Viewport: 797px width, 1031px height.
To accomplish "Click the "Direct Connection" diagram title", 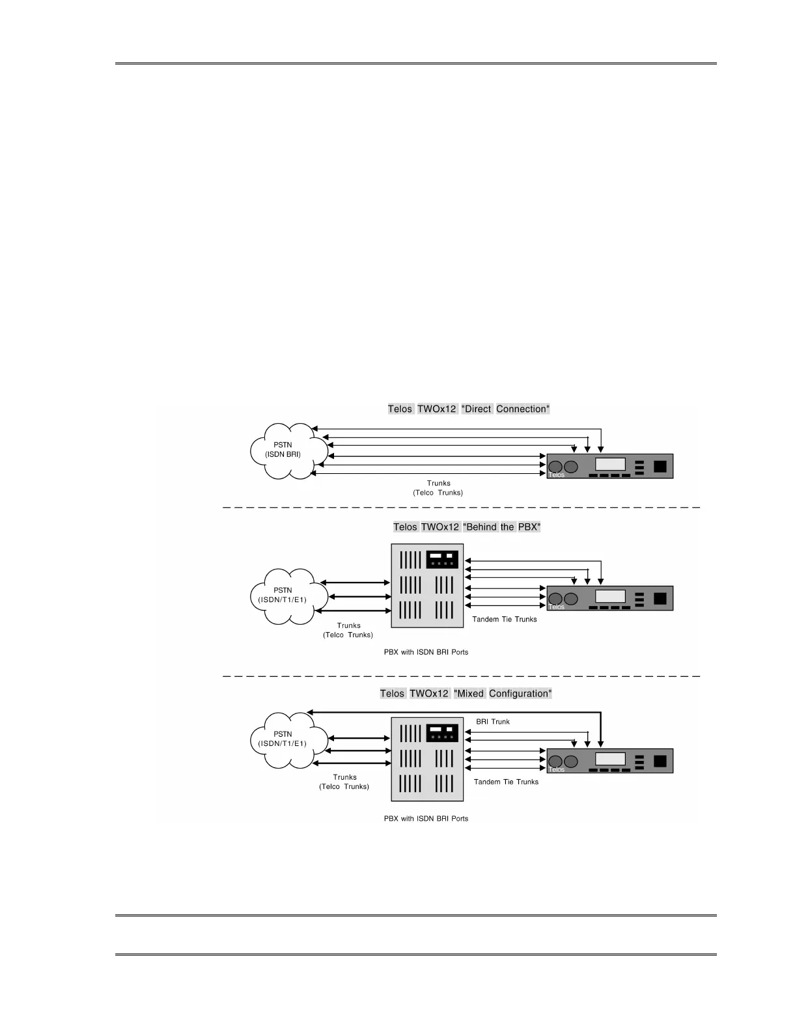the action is coord(469,409).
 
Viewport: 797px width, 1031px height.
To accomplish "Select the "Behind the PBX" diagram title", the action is coord(467,527).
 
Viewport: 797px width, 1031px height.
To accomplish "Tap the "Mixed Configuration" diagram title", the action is coord(466,694).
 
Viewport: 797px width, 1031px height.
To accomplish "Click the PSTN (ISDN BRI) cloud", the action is coord(283,450).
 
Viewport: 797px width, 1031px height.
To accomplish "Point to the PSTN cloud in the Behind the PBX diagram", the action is coord(283,596).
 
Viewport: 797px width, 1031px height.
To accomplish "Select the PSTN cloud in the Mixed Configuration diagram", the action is coord(283,739).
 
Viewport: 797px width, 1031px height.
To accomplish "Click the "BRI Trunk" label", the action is coord(493,722).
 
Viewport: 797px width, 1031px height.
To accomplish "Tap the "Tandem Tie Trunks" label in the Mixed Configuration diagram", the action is coord(506,782).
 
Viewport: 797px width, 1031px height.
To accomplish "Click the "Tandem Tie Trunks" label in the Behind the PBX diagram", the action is coord(505,620).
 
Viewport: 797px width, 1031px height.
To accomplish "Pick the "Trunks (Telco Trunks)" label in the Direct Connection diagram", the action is coord(438,488).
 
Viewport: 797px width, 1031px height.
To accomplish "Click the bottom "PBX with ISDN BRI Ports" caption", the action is coord(426,819).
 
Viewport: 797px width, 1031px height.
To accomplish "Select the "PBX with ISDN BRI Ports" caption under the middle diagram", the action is coord(426,652).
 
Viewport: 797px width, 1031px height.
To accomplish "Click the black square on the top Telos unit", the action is coord(660,466).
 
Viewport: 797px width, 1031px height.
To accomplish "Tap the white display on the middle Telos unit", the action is coord(610,596).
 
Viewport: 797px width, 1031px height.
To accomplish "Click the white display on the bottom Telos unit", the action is coord(610,759).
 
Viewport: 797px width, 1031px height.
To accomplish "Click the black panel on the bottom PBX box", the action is coord(442,734).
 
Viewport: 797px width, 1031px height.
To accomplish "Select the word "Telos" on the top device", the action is coord(556,475).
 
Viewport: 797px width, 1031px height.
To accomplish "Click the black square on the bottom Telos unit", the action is coord(660,761).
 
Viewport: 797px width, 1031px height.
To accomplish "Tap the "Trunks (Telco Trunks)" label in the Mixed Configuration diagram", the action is coord(344,782).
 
